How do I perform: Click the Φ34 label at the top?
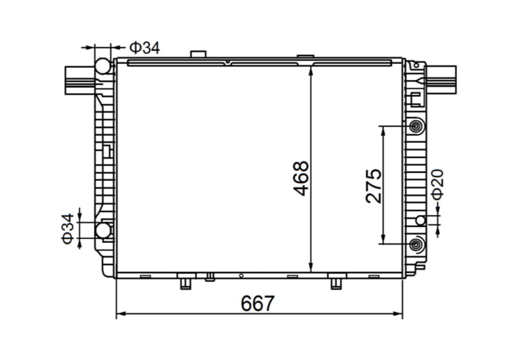[x=144, y=48]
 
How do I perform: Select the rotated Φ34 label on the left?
[x=67, y=229]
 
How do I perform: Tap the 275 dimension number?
[x=374, y=186]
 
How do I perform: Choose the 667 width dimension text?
[x=258, y=303]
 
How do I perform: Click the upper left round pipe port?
[x=102, y=67]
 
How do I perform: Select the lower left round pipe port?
[x=102, y=231]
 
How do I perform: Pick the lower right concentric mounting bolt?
[x=416, y=244]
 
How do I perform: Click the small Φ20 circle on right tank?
[x=421, y=220]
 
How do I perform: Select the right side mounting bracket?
[x=441, y=76]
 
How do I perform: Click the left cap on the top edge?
[x=198, y=55]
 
